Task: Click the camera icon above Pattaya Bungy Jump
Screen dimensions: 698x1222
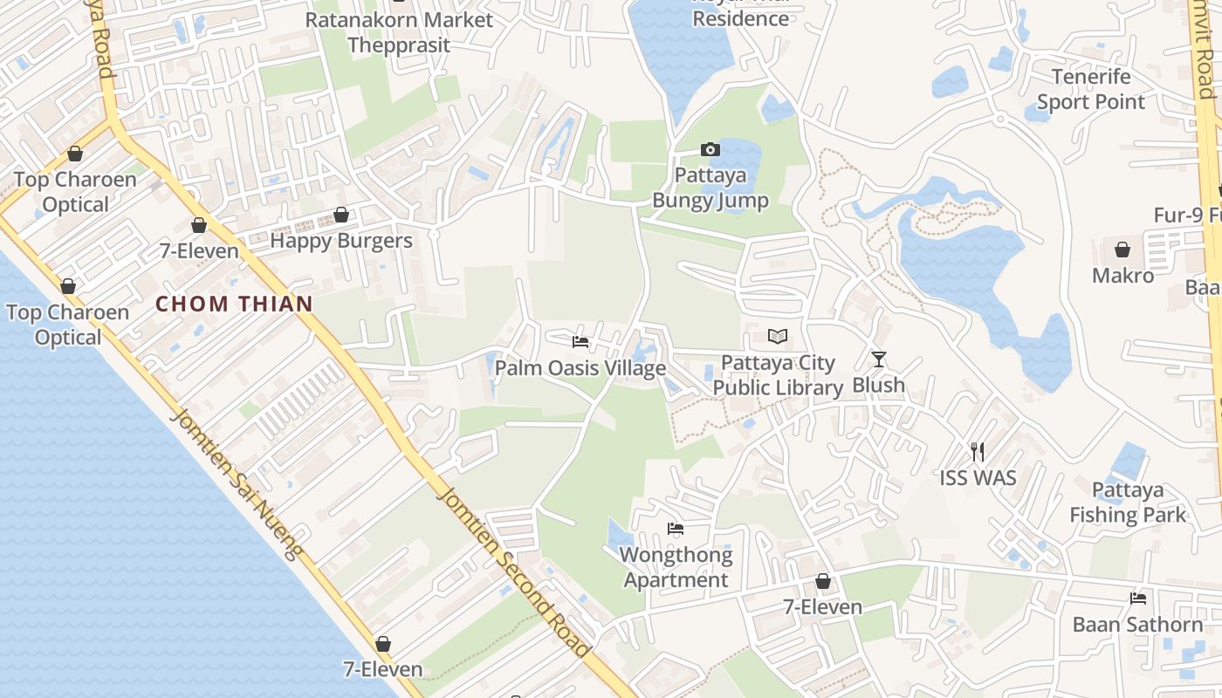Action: pos(711,149)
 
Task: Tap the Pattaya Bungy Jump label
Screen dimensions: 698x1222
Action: pos(711,188)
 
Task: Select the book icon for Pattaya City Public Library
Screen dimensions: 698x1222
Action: pos(778,336)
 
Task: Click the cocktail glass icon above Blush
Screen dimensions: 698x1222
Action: pos(879,359)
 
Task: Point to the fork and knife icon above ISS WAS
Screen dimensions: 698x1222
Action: pos(978,451)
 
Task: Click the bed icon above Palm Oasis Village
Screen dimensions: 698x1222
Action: pos(580,341)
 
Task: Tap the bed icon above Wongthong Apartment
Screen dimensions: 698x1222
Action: pos(676,528)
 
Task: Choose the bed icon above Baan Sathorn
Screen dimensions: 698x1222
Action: pos(1138,598)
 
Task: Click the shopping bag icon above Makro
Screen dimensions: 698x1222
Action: pos(1122,250)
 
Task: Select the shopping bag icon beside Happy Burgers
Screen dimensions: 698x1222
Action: pos(341,215)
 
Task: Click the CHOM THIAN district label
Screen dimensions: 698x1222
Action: pos(234,304)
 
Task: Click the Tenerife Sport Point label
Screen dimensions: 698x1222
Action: pos(1091,89)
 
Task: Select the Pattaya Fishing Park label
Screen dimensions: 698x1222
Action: pos(1128,502)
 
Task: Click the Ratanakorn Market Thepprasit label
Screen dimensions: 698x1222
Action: pos(399,32)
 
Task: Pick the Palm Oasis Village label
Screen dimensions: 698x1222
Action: pos(580,368)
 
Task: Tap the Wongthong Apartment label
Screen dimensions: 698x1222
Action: pos(676,567)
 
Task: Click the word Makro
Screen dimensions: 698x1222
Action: pos(1123,276)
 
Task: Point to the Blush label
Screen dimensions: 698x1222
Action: pos(879,385)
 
